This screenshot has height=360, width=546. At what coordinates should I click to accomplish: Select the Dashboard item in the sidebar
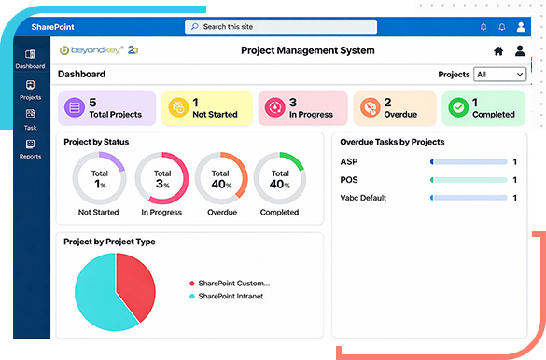click(30, 61)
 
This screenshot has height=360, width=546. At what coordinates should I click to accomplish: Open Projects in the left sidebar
click(30, 90)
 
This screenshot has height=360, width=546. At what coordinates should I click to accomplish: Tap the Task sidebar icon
click(30, 118)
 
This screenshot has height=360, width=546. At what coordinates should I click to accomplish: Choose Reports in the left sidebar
click(30, 148)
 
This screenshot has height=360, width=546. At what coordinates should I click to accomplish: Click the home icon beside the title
click(498, 51)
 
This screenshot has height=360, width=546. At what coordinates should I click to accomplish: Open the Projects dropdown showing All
click(493, 74)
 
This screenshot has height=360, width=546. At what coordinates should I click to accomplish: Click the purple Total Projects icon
click(74, 108)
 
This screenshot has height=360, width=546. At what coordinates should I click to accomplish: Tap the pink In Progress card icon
click(273, 108)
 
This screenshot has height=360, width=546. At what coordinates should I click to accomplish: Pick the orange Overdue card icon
click(371, 108)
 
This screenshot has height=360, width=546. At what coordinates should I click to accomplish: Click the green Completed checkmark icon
click(457, 108)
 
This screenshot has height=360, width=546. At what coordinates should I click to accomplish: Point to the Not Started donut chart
click(100, 178)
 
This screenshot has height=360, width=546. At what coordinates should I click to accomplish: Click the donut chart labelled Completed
click(279, 178)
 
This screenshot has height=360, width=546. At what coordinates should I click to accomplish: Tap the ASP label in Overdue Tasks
click(349, 161)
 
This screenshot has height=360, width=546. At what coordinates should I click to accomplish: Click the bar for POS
click(469, 179)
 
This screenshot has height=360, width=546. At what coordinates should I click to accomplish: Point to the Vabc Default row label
click(363, 198)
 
